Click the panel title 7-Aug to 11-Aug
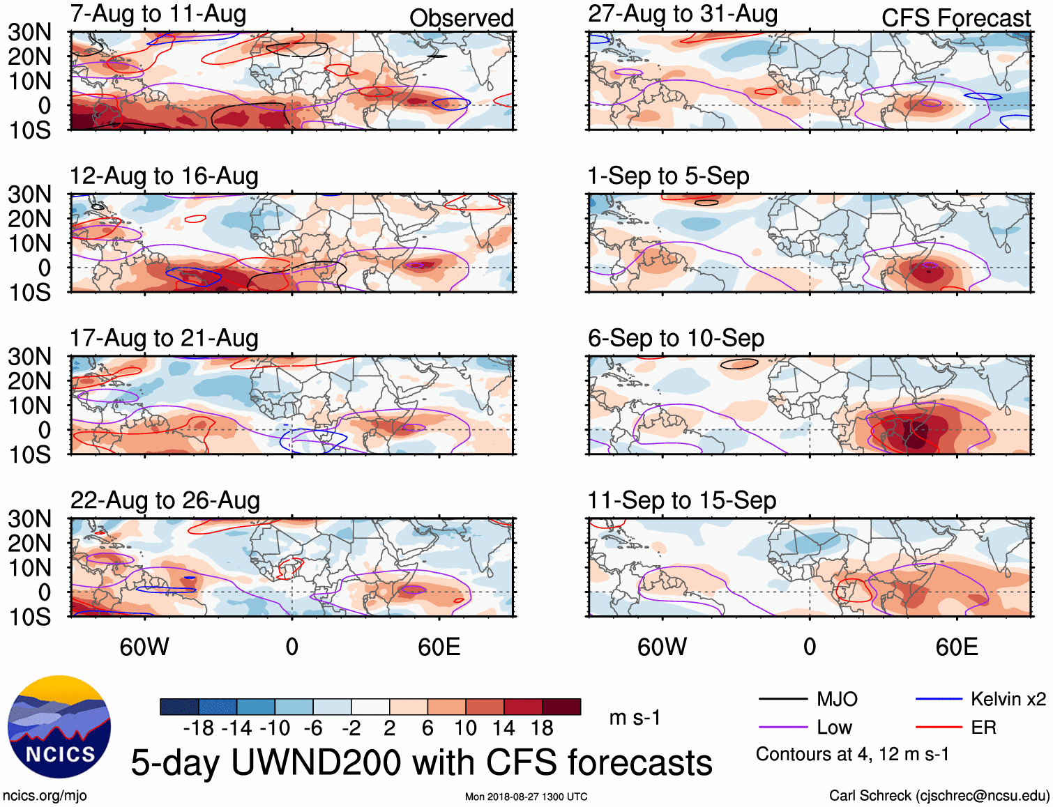(x=158, y=14)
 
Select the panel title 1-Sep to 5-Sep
(x=668, y=176)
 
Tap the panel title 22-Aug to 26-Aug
(x=165, y=500)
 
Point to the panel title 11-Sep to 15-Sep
(x=681, y=500)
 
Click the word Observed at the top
(x=462, y=18)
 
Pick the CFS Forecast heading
(x=955, y=18)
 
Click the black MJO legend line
(x=782, y=699)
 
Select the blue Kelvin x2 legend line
(x=939, y=699)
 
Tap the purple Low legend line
(x=782, y=728)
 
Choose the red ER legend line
(x=939, y=728)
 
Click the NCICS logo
(x=59, y=727)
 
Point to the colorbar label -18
(x=199, y=728)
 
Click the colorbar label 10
(x=465, y=728)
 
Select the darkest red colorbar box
(x=561, y=707)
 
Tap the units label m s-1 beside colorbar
(x=635, y=718)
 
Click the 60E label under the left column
(x=439, y=647)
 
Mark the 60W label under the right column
(x=662, y=647)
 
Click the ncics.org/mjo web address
(x=45, y=796)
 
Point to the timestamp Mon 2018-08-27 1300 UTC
(x=526, y=797)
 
